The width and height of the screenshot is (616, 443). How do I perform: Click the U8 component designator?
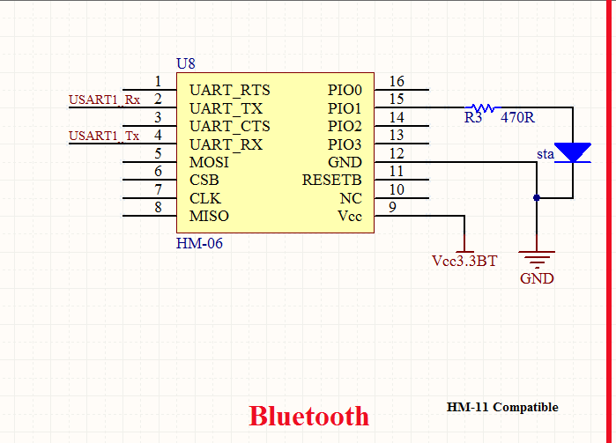[186, 63]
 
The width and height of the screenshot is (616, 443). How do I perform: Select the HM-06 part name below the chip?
[199, 244]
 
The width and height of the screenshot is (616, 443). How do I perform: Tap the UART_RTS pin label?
[229, 91]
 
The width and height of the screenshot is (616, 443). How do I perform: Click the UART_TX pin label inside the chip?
[226, 108]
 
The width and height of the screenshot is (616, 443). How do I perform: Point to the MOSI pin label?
[209, 163]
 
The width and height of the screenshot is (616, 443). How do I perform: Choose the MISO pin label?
[209, 217]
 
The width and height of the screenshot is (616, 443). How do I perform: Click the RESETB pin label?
[331, 181]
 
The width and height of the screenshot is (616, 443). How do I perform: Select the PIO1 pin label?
[345, 108]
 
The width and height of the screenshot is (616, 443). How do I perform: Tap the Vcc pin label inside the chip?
[350, 217]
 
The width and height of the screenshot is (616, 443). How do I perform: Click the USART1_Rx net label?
[104, 100]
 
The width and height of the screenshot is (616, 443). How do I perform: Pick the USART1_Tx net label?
[104, 136]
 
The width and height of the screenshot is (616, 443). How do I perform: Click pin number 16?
[396, 82]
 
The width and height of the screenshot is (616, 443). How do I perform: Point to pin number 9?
[392, 208]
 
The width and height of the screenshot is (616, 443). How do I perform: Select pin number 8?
[158, 208]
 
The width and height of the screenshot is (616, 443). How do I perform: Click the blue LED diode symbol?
[573, 152]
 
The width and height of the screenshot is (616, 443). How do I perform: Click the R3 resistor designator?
[473, 117]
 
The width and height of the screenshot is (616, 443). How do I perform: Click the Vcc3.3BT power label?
[464, 262]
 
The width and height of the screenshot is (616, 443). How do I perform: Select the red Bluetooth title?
[308, 416]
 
